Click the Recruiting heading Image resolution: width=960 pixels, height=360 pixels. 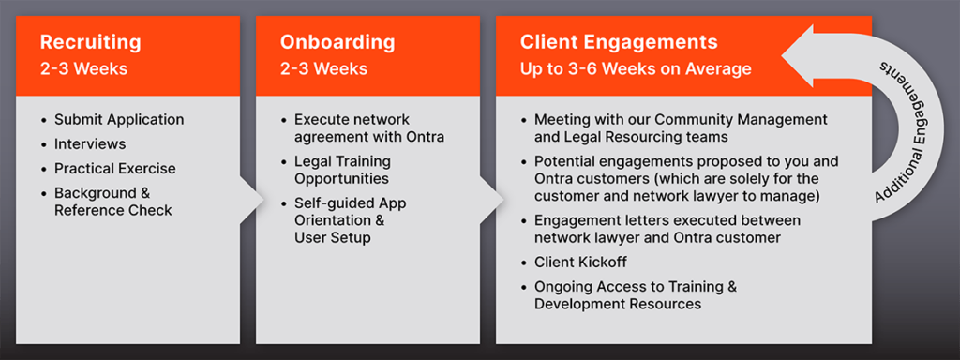tap(91, 42)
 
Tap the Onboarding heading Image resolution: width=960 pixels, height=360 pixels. tap(337, 42)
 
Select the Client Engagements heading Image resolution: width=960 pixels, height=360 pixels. tap(619, 42)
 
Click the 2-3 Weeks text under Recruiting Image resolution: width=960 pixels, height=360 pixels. tap(83, 68)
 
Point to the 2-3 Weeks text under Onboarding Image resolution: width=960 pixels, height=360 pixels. tap(323, 68)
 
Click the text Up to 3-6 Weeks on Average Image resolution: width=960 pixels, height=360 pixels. tap(636, 68)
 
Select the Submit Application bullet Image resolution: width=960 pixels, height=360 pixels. tap(119, 119)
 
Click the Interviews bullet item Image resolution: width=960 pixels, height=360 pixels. tap(90, 143)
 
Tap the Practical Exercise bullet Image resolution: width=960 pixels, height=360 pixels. tap(115, 168)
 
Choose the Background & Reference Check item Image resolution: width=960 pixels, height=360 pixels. tap(112, 202)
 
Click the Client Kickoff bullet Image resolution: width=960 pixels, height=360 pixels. tap(580, 262)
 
